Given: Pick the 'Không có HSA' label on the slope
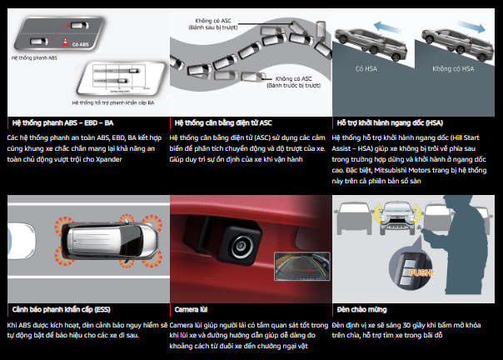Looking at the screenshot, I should click(456, 68).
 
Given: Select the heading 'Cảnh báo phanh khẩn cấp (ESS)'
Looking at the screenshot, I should click(60, 308).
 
